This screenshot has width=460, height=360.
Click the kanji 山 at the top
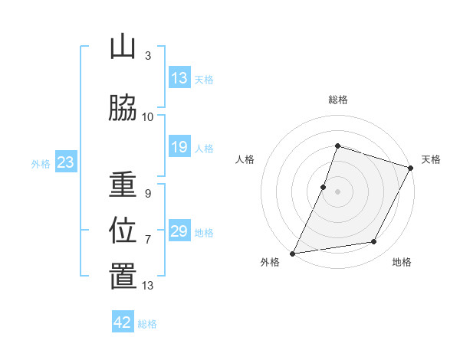click(x=123, y=47)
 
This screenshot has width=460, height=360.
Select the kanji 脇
click(x=123, y=108)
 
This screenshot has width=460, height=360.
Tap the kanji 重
click(x=123, y=184)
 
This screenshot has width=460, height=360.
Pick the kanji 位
click(x=123, y=230)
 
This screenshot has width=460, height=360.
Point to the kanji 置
click(x=123, y=276)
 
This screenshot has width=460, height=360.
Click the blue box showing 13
click(x=179, y=77)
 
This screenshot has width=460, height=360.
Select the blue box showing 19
click(x=179, y=146)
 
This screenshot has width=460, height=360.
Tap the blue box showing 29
click(x=179, y=230)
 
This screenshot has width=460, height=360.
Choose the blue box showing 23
click(x=66, y=162)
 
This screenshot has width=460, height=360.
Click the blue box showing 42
click(x=123, y=321)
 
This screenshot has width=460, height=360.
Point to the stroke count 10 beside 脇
click(x=147, y=117)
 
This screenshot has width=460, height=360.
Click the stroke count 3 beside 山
click(x=148, y=56)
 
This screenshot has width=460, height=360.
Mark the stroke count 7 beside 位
click(x=148, y=240)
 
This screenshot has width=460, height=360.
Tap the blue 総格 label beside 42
click(x=147, y=324)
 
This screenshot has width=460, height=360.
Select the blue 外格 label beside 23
click(x=41, y=164)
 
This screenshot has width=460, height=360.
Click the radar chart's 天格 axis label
click(x=431, y=159)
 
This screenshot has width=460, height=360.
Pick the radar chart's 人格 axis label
click(x=245, y=159)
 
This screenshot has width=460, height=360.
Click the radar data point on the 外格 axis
click(x=292, y=254)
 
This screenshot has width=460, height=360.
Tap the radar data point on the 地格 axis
click(x=374, y=241)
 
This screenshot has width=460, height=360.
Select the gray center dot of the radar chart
click(x=337, y=191)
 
